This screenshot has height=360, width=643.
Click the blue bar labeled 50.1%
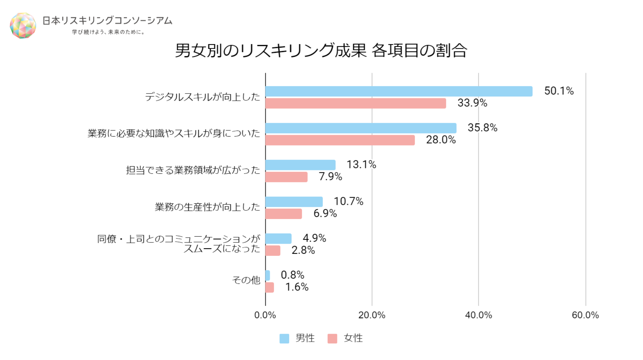coord(399,91)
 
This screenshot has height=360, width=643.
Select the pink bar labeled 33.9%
coord(356,103)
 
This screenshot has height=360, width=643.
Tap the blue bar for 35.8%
coord(361,128)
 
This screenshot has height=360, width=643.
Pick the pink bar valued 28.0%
coord(340,140)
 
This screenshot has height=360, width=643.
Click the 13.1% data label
coord(361,164)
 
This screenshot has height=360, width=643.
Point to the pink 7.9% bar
coord(286,177)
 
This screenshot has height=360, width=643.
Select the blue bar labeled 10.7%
coord(294,202)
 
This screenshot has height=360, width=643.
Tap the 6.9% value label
coord(325,213)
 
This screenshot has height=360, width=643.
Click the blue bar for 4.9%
coord(278,239)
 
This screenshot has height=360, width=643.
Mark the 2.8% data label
coord(303,250)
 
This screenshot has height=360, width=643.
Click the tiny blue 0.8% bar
coord(268,276)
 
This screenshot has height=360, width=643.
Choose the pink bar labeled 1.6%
coord(269,287)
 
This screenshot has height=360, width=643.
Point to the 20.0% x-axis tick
coord(372,315)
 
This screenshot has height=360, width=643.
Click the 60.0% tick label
coord(585,315)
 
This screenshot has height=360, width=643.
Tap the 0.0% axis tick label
coord(265,315)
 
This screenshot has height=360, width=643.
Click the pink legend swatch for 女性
coord(332,339)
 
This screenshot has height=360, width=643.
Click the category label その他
coord(246,280)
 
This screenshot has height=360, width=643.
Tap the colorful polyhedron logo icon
coord(23,26)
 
